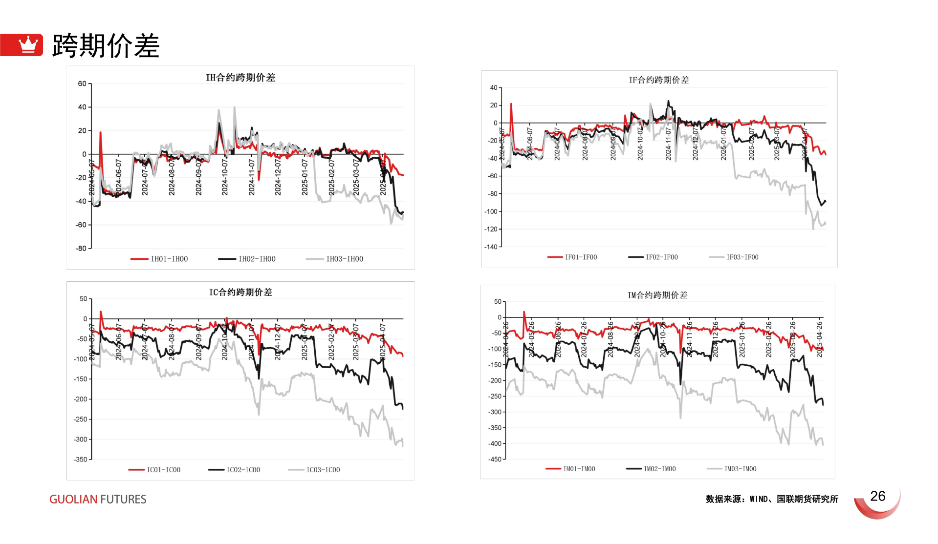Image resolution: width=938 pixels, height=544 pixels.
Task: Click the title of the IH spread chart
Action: coord(240,78)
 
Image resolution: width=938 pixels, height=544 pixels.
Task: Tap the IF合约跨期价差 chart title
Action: coord(658,80)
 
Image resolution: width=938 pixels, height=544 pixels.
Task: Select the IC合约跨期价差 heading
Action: coord(240,293)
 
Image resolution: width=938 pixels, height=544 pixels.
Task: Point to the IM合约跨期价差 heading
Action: coord(657,295)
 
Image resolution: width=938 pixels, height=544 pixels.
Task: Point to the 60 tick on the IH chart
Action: coord(82,84)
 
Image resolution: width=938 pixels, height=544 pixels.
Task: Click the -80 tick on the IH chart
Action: coord(81,249)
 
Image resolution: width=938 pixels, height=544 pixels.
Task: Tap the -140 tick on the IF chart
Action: coord(491,247)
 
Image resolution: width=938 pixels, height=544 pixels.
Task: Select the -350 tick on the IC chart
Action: coord(80,460)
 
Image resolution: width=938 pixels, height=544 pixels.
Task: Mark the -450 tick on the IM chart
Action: coord(495,460)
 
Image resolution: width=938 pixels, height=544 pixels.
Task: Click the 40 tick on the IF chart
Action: coord(494,88)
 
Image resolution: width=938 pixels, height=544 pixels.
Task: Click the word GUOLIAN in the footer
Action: coord(73,500)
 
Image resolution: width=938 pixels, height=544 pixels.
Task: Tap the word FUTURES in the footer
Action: coord(123,500)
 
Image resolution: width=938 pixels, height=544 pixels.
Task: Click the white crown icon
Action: coord(28,44)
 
